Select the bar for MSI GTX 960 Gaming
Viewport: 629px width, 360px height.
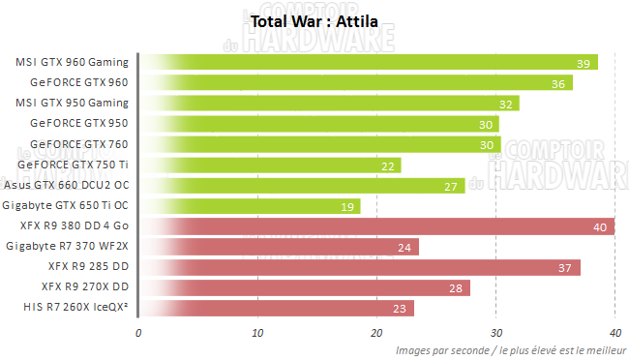(x=368, y=62)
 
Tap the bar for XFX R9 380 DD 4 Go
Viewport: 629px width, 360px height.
(x=377, y=226)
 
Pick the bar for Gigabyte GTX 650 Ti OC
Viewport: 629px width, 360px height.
(x=250, y=206)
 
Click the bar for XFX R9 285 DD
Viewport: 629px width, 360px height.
(x=359, y=267)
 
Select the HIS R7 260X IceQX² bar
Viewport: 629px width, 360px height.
(x=277, y=309)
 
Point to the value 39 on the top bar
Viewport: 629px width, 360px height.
(x=583, y=63)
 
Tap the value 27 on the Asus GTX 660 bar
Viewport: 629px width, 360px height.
(x=450, y=186)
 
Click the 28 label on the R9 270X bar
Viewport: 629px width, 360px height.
(x=455, y=288)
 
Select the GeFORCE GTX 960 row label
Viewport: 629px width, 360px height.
(x=79, y=82)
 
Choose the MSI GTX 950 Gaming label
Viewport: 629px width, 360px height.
(x=73, y=103)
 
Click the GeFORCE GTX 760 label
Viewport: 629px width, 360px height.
(x=79, y=144)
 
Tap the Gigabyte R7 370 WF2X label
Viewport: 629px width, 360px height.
(x=67, y=247)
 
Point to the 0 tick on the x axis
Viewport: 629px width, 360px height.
(x=138, y=333)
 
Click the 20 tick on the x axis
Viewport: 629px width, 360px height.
(x=376, y=333)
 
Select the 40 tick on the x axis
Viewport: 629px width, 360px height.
(x=614, y=333)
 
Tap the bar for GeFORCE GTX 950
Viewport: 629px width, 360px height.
(x=318, y=124)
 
